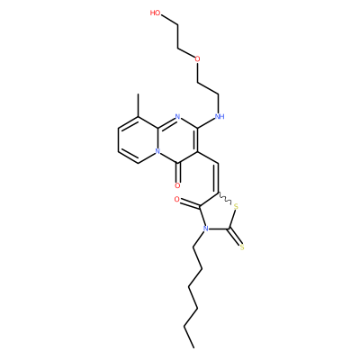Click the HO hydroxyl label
point(156,13)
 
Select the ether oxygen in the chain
point(197,58)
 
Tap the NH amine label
point(220,116)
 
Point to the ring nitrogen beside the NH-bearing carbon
point(177,116)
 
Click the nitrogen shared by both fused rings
point(157,151)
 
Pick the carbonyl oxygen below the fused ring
point(177,185)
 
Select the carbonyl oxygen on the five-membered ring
point(176,200)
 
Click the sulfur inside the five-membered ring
point(236,207)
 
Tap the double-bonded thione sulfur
point(242,247)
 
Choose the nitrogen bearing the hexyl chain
point(205,229)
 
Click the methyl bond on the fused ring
point(138,105)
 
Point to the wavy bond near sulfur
point(224,197)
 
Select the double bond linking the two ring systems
point(217,178)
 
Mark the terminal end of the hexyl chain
point(193,347)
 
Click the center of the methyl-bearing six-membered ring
point(138,139)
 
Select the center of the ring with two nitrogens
point(177,139)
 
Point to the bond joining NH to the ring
point(207,122)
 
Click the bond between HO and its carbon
point(169,20)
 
